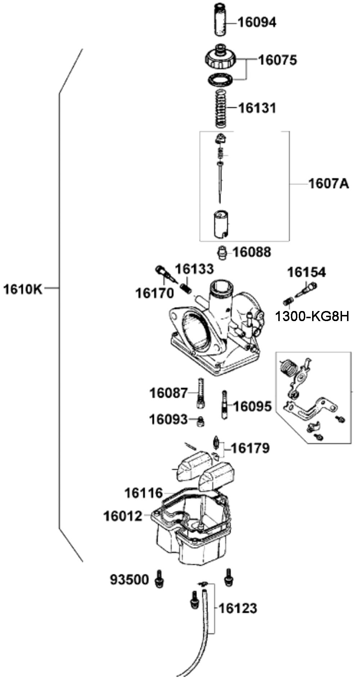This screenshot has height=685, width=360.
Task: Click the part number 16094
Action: coord(257,23)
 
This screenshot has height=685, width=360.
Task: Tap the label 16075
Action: coord(278,60)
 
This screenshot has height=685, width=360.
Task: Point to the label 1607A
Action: coord(329,184)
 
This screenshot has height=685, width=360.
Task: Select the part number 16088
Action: coord(252,252)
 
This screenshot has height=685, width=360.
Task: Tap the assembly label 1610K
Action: coord(23,289)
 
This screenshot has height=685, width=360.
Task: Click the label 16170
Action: coord(154,293)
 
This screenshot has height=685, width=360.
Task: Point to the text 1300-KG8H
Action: coord(312,316)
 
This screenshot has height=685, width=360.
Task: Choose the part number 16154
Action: coord(306,272)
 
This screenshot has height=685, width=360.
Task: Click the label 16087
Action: coord(168,393)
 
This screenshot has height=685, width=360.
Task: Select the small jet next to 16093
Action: coord(201,421)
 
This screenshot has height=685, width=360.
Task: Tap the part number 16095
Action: coord(252,407)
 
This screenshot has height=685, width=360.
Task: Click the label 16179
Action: coord(250,449)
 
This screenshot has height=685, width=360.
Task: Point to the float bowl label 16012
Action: coord(123,516)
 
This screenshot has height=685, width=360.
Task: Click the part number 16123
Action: coord(238,608)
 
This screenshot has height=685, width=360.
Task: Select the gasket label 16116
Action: coord(144,493)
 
